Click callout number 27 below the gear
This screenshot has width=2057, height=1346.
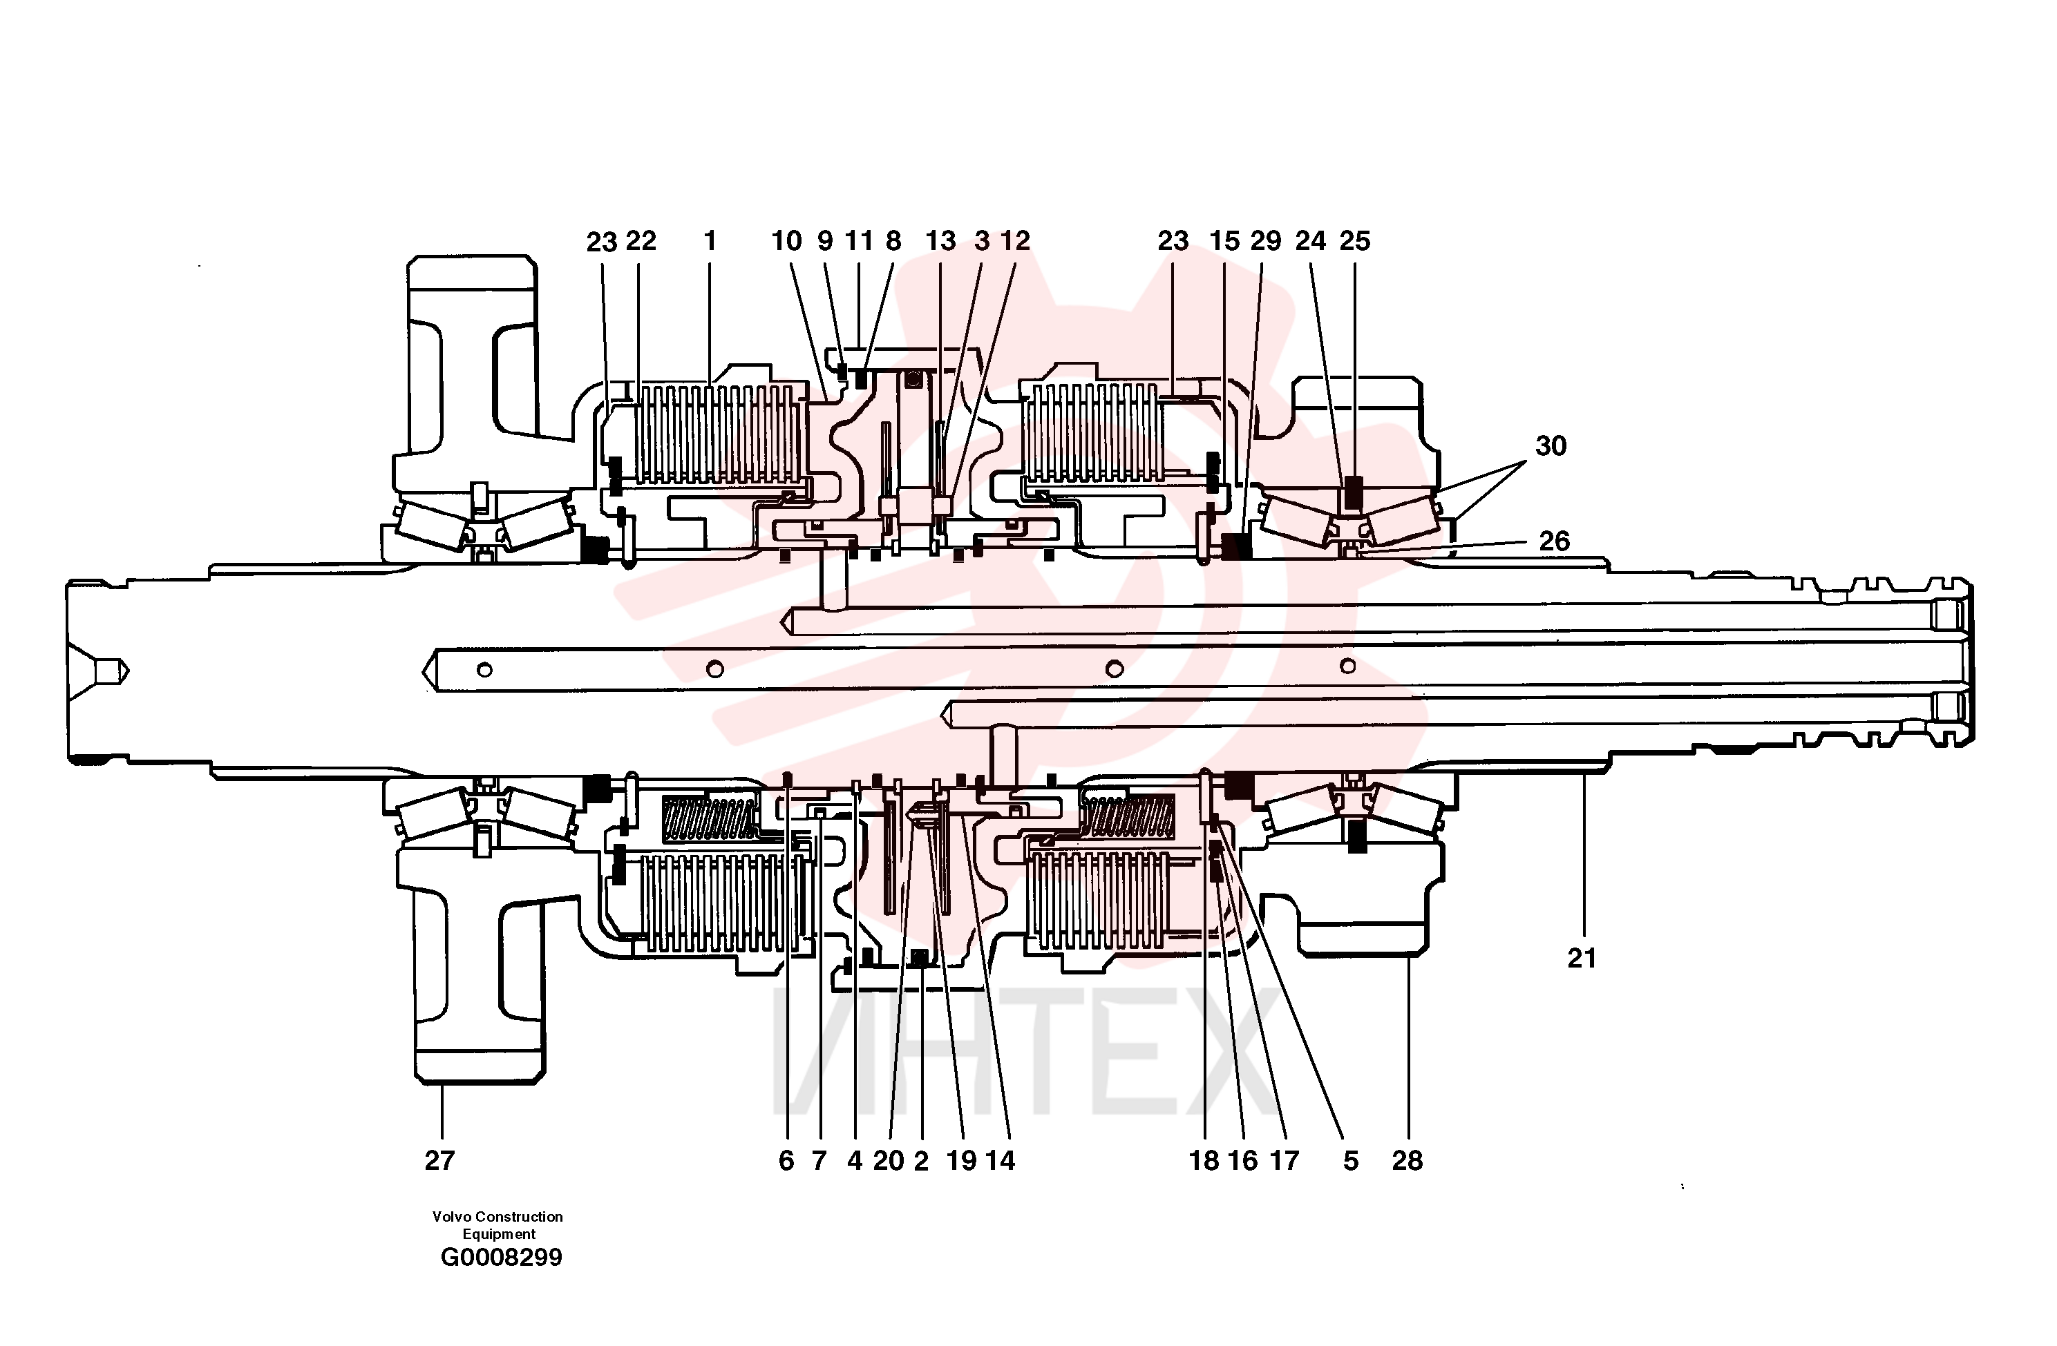(x=439, y=1160)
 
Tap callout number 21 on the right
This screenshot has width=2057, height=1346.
(x=1582, y=957)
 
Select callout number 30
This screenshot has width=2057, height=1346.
(x=1551, y=445)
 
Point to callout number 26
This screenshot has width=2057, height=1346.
(x=1554, y=541)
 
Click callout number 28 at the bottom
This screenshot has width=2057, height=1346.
(x=1407, y=1160)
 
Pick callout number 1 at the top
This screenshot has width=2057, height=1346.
(x=710, y=240)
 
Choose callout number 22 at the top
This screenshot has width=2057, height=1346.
(x=641, y=240)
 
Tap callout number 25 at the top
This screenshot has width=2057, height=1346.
(x=1354, y=240)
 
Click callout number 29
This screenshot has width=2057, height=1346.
(x=1265, y=240)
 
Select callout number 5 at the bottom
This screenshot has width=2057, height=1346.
(x=1351, y=1160)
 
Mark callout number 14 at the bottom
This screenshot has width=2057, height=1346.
(x=999, y=1160)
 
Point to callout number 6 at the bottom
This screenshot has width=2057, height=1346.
(x=786, y=1160)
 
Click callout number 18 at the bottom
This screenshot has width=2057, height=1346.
(x=1204, y=1160)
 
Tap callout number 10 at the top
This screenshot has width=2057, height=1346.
(x=786, y=240)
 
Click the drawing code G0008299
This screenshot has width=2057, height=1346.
(x=501, y=1257)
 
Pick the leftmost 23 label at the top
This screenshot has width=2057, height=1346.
(x=602, y=242)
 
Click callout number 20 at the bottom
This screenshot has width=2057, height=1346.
(x=888, y=1160)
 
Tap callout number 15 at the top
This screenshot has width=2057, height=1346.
(x=1224, y=240)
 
